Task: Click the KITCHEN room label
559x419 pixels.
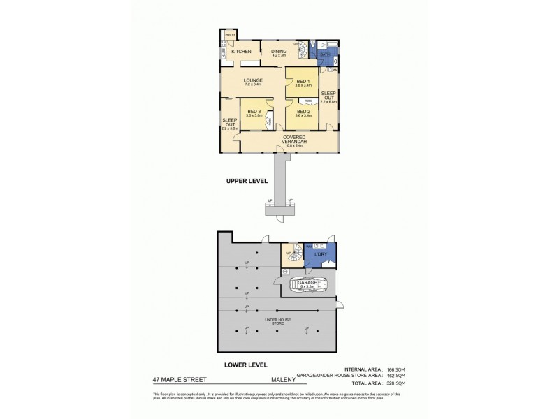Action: point(242,52)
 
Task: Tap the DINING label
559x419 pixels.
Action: point(279,50)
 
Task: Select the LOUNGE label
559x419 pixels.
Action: point(253,80)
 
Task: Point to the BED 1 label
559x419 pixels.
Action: point(303,82)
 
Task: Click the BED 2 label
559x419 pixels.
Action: point(303,111)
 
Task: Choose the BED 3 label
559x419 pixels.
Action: point(254,112)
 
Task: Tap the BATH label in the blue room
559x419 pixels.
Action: point(325,54)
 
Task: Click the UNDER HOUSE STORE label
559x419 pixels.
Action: point(277,321)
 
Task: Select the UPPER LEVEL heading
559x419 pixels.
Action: point(247,181)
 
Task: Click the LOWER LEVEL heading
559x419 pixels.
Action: point(246,365)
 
